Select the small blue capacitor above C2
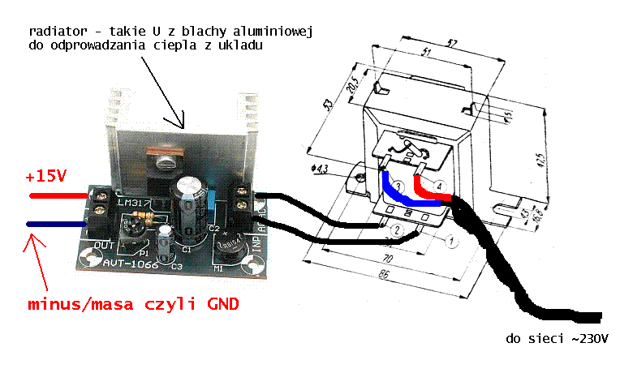pos(212,199)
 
